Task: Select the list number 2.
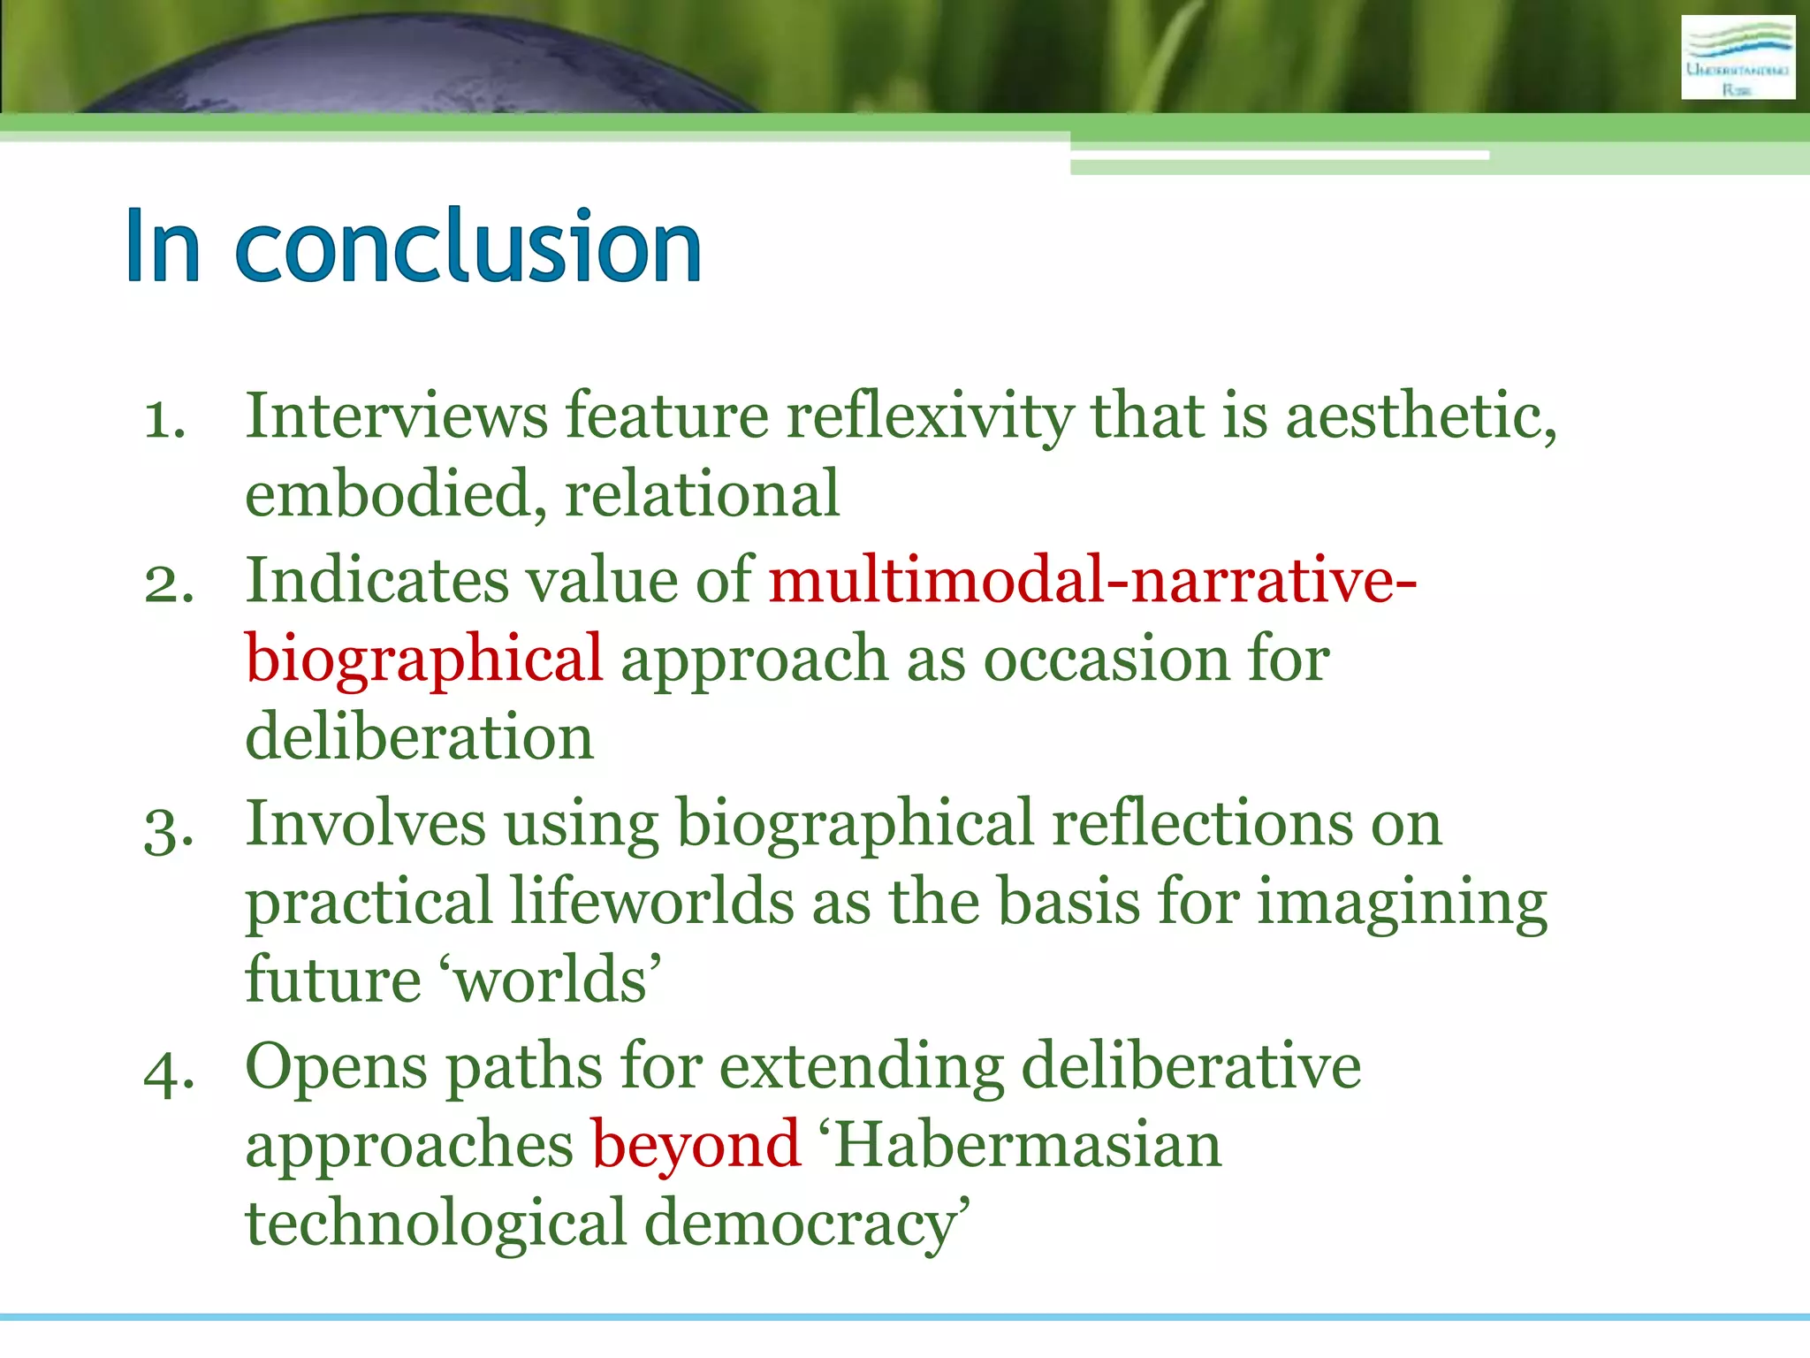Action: click(169, 584)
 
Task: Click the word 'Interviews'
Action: click(396, 416)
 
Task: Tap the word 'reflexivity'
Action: click(929, 416)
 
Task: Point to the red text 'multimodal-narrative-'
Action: click(1092, 581)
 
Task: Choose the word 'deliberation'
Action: click(419, 736)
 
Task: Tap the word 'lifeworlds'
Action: click(652, 903)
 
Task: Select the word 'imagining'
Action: click(1402, 903)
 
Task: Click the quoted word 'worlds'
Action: click(553, 980)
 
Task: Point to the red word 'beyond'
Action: click(696, 1146)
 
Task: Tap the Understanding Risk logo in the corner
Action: click(1738, 57)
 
